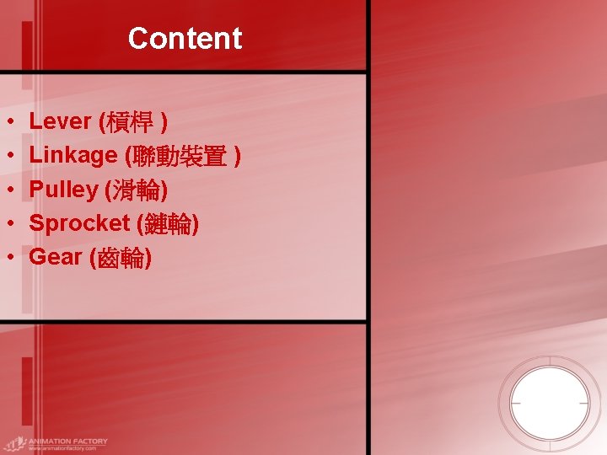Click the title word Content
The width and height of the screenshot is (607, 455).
pos(185,39)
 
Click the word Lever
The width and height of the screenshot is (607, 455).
pos(60,121)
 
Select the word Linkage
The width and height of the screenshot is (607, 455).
pos(73,155)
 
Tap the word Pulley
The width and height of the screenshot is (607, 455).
pos(63,190)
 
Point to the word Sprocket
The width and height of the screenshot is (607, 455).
pos(79,223)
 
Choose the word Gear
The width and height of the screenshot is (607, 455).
pos(55,257)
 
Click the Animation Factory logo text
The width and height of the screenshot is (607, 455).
pos(67,441)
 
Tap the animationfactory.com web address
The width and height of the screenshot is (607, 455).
pos(62,448)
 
